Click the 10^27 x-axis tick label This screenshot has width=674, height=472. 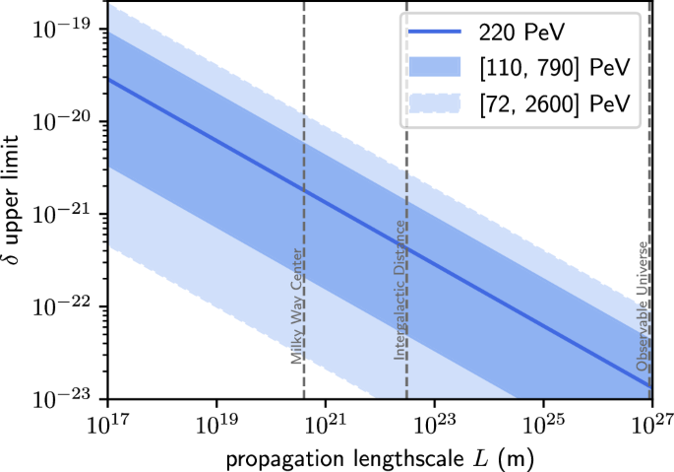coord(649,424)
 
